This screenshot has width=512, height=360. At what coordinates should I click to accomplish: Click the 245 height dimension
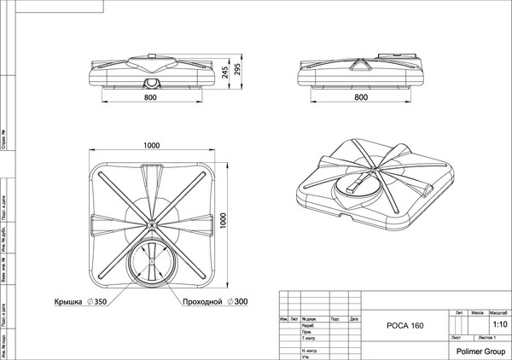[224, 74]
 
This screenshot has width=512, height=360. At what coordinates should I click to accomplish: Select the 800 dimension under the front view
[151, 97]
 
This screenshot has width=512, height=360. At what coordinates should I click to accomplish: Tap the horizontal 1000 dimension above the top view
[152, 146]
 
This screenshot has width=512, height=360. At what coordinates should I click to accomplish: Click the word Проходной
[201, 302]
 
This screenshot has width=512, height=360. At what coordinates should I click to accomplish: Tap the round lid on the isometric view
[357, 184]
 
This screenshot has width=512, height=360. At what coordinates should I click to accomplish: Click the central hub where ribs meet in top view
[152, 225]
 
